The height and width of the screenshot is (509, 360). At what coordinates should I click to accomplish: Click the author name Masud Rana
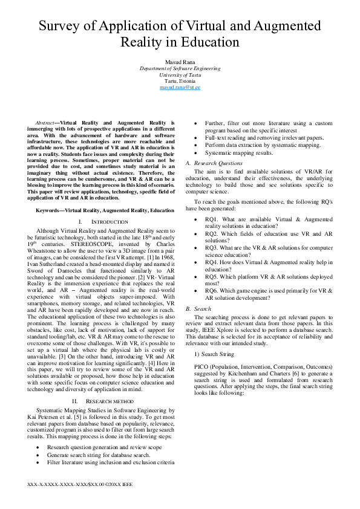(180, 63)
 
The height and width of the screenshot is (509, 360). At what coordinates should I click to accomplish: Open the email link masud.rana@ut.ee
(180, 88)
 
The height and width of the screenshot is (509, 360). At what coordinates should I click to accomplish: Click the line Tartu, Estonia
(180, 81)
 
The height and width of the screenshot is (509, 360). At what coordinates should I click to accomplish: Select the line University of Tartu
(180, 75)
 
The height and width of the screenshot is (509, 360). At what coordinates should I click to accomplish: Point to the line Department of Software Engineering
(180, 69)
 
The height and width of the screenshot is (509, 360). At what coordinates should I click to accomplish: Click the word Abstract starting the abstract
(47, 123)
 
